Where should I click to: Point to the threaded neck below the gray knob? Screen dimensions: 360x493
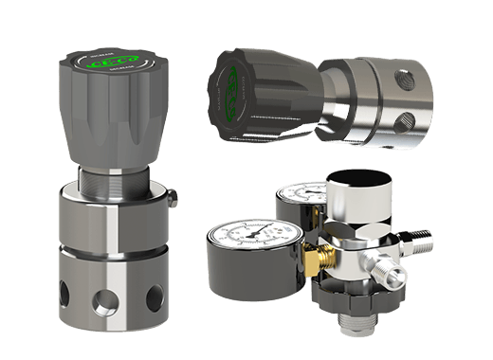point(113,176)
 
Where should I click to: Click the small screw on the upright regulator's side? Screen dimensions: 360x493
point(174,199)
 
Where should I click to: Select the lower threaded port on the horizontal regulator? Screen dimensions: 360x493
point(406,120)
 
